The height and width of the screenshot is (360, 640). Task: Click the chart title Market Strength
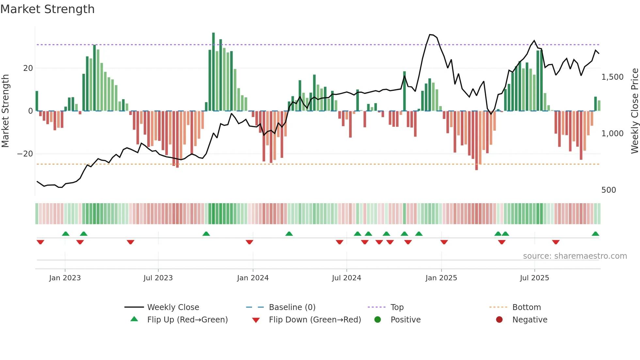pos(47,9)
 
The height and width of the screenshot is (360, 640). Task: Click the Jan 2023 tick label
pos(65,278)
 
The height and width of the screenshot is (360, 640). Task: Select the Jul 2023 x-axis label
pos(158,278)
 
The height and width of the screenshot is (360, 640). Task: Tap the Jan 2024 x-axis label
pos(253,278)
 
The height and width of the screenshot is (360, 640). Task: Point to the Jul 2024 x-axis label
pos(346,278)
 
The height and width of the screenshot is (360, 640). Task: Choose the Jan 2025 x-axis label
pos(441,278)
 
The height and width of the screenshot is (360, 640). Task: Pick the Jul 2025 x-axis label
pos(535,278)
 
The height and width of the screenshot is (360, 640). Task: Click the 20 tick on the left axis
pos(28,68)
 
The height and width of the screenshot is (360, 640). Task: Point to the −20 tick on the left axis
pos(25,154)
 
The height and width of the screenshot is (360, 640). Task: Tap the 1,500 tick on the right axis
pos(612,77)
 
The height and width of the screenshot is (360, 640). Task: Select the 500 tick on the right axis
pos(609,190)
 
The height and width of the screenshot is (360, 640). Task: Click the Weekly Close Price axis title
pos(634,111)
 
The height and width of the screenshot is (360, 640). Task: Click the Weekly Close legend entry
pos(173,307)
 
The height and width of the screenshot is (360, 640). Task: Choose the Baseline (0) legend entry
pos(292,307)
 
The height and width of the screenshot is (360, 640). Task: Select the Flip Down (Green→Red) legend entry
pos(315,320)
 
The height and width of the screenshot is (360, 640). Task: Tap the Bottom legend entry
pos(526,307)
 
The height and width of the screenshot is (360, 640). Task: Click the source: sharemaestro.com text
pos(575,256)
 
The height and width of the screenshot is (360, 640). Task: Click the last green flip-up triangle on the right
pos(595,234)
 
